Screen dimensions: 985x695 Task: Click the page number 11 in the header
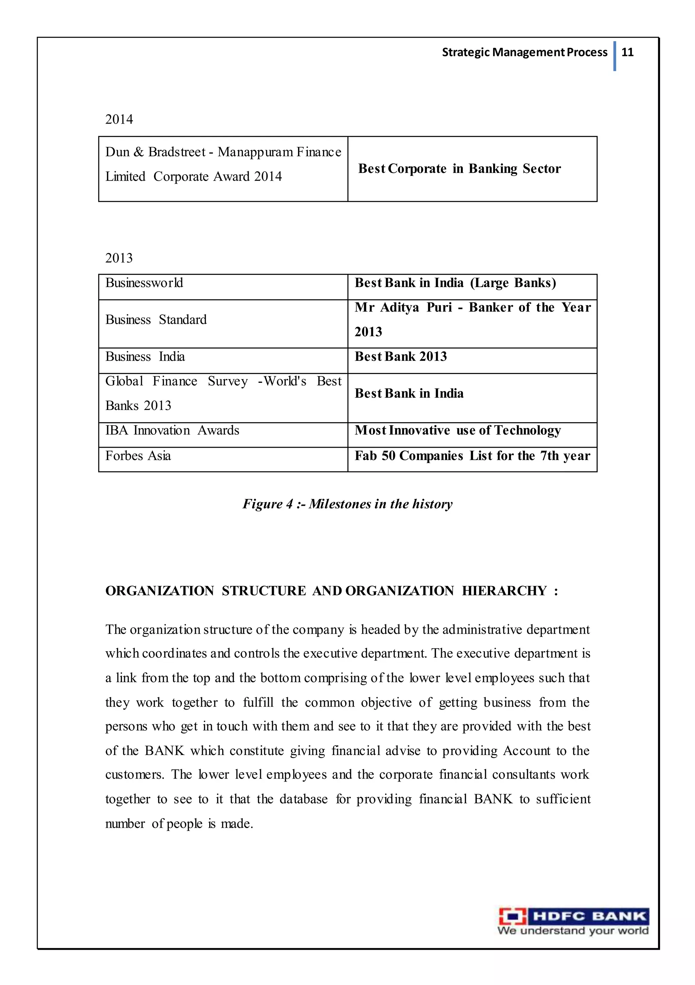pos(627,52)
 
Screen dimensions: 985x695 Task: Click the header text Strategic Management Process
pos(524,52)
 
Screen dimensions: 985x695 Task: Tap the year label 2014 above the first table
pos(119,119)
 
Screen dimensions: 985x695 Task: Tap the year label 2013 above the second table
pos(119,258)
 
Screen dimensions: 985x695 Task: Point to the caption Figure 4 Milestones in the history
pos(347,504)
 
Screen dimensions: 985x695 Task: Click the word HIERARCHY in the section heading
pos(504,591)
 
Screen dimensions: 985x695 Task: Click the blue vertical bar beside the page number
pos(614,56)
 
